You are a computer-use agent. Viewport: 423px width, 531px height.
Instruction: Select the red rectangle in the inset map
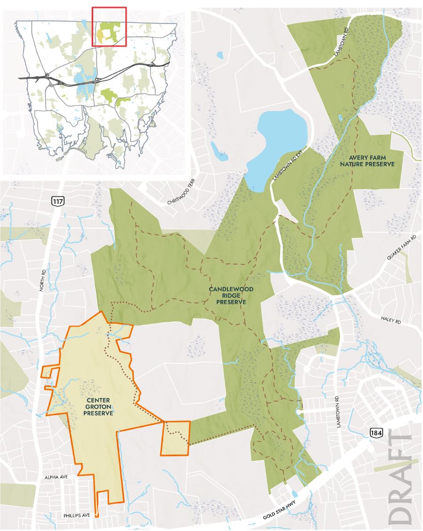pos(109,26)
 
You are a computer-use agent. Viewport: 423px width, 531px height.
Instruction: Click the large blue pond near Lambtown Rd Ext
pos(278,141)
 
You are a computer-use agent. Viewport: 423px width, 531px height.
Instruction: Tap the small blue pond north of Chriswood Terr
pos(220,56)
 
